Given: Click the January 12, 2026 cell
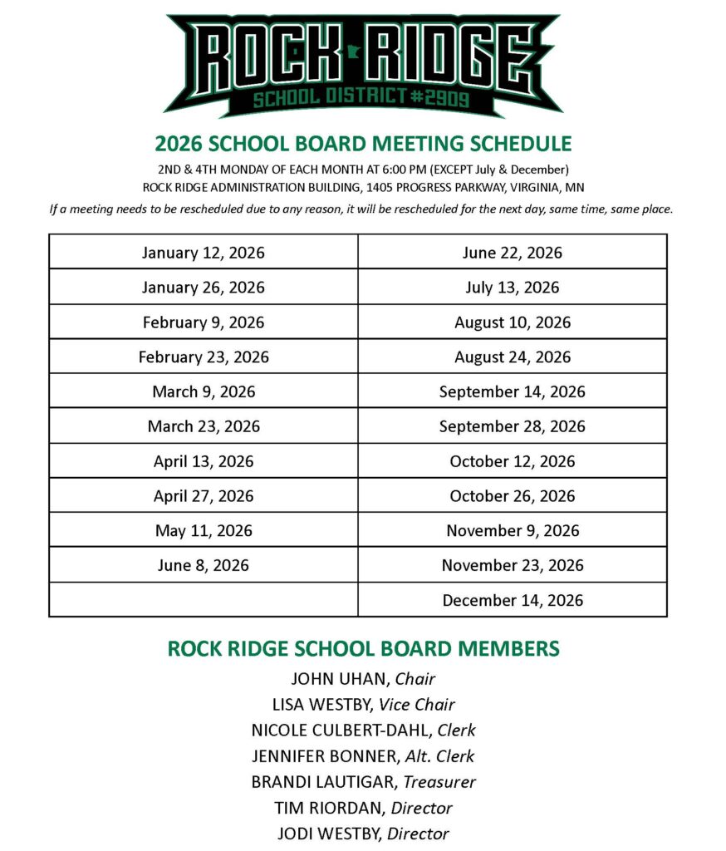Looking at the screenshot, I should tap(204, 253).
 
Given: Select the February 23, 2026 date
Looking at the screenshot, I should tap(204, 357).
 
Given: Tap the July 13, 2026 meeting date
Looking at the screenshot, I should tap(512, 288).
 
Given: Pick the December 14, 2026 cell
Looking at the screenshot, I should tap(512, 600).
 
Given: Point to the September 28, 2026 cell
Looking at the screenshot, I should tap(512, 426).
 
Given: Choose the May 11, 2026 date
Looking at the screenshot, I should tap(204, 530).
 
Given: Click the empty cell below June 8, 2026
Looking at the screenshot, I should tap(204, 600).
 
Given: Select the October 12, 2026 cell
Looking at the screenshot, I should tap(512, 461).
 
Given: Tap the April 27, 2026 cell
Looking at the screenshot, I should tap(204, 496).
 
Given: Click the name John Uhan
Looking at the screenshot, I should tap(339, 679).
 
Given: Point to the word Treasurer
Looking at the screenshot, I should tap(439, 782).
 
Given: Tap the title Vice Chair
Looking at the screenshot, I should tap(417, 705).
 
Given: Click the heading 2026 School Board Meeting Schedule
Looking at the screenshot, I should tap(363, 144).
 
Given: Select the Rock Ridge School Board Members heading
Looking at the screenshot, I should tap(363, 649).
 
